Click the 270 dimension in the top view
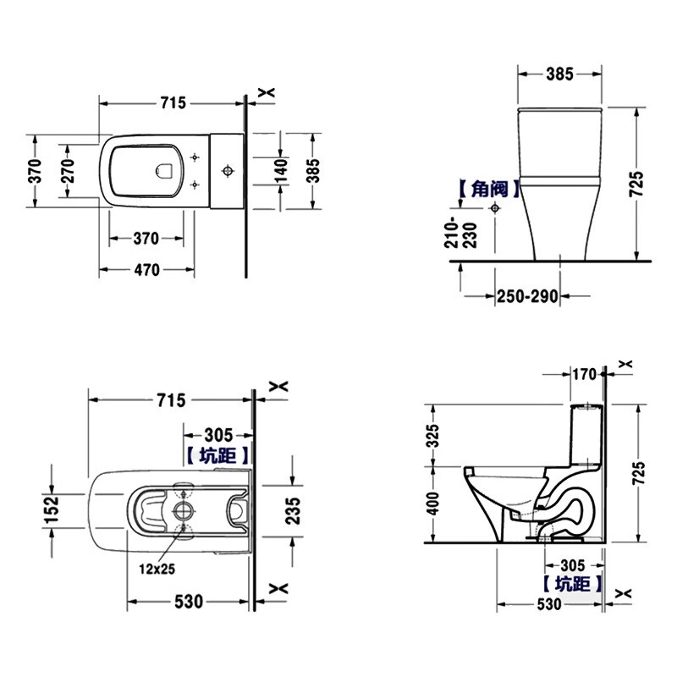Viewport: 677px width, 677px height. click(68, 171)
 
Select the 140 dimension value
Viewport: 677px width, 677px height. click(281, 171)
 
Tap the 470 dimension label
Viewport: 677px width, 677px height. click(146, 270)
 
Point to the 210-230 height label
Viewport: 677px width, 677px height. click(460, 233)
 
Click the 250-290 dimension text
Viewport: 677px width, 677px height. click(527, 297)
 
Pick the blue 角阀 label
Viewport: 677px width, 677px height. click(490, 189)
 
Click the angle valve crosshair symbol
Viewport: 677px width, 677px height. click(495, 208)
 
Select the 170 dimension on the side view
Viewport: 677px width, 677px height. click(584, 374)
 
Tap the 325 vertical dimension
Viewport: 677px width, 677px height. click(432, 435)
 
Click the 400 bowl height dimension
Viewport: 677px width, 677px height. click(432, 504)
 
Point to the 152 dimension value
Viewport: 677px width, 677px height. click(52, 510)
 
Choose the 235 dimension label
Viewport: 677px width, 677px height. click(293, 511)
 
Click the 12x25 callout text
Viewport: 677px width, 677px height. click(157, 569)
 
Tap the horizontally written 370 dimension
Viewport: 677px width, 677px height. click(146, 239)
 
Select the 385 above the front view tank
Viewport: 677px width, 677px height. click(559, 74)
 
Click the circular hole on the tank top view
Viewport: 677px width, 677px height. click(228, 171)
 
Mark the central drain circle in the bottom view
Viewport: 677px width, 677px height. click(184, 511)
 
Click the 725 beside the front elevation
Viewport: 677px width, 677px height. click(636, 184)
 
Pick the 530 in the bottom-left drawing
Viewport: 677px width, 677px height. click(189, 602)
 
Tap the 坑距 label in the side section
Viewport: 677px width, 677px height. click(572, 584)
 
